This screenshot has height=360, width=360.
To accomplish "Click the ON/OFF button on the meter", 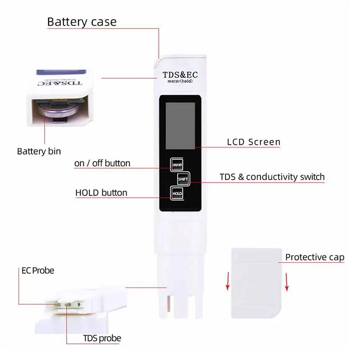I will pos(176,165).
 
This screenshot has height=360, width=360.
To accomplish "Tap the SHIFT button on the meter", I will pos(183,179).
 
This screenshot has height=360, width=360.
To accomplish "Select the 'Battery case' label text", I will pos(81,22).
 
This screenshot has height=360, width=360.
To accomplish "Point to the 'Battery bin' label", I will pos(39,151).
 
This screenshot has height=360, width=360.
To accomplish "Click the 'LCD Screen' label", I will pos(253,142).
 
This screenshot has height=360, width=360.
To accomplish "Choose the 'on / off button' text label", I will pos(102,163).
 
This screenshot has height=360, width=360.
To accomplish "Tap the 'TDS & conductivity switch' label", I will pos(272,177).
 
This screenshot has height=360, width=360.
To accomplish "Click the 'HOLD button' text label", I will pos(101,193).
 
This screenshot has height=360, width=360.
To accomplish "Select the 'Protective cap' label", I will pos(315,257).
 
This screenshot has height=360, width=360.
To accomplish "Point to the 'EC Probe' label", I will pos(38,271).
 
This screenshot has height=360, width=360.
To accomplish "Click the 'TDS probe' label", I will pos(102,338).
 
